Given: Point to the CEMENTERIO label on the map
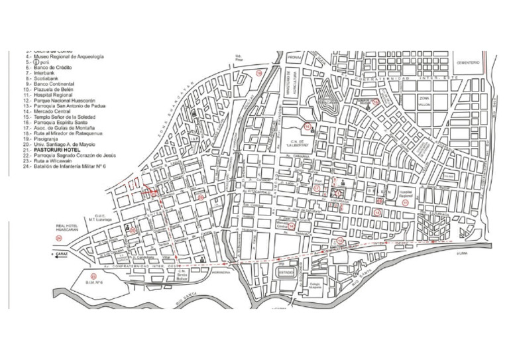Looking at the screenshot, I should click(465, 62).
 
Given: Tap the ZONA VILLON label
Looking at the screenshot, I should click(424, 100).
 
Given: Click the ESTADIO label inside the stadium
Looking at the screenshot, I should click(286, 272).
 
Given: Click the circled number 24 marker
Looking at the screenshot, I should click(59, 237).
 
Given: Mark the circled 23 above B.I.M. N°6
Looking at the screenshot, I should click(93, 276).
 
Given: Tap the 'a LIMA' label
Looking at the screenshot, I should click(453, 252).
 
